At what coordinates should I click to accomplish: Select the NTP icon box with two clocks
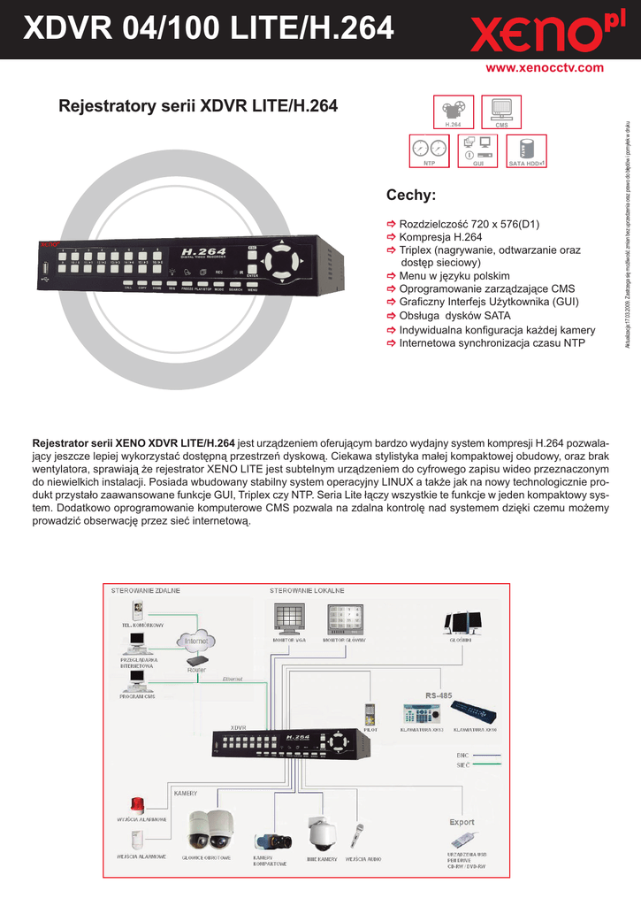point(431,150)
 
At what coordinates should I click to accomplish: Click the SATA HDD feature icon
point(526,150)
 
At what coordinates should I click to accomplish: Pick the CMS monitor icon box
point(501,112)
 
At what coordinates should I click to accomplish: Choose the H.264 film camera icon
point(454,112)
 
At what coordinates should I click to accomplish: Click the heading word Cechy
point(411,195)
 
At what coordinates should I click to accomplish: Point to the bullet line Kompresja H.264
point(440,238)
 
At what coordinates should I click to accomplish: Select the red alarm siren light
point(137,806)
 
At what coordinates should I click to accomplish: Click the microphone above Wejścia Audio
point(360,836)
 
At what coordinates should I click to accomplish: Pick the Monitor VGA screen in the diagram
point(289,617)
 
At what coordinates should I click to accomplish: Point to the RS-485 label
point(439,696)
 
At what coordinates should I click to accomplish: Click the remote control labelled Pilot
point(370,713)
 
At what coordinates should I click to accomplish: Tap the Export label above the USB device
point(462,822)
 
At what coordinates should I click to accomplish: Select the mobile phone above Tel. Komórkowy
point(137,610)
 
